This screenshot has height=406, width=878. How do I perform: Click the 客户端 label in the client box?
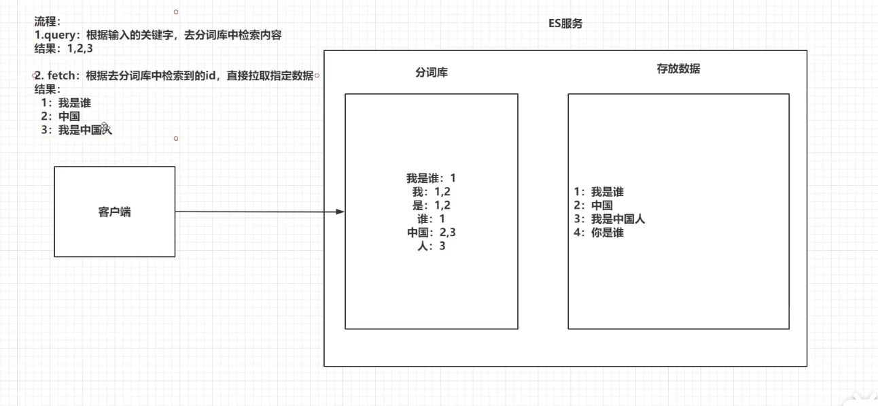tap(115, 212)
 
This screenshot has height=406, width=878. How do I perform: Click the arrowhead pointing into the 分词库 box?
tap(340, 212)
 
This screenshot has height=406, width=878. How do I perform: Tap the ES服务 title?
tap(565, 24)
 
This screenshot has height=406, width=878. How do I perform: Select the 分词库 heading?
tap(432, 72)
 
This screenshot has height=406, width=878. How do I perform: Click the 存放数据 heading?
tap(678, 69)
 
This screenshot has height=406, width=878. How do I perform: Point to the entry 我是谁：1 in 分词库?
tap(432, 178)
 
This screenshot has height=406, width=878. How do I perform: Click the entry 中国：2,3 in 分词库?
tap(432, 233)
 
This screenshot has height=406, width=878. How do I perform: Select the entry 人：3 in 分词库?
tap(432, 246)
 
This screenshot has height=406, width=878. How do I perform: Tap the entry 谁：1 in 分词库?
tap(432, 219)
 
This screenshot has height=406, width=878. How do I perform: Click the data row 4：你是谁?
tap(599, 233)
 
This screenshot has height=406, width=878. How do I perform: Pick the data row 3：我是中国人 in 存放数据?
tap(610, 219)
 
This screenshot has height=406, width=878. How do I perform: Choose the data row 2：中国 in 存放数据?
tap(593, 205)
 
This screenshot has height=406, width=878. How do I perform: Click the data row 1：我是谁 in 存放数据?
tap(599, 192)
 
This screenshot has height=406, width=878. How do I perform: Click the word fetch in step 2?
tap(62, 75)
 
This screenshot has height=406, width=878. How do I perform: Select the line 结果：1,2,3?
tap(63, 48)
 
